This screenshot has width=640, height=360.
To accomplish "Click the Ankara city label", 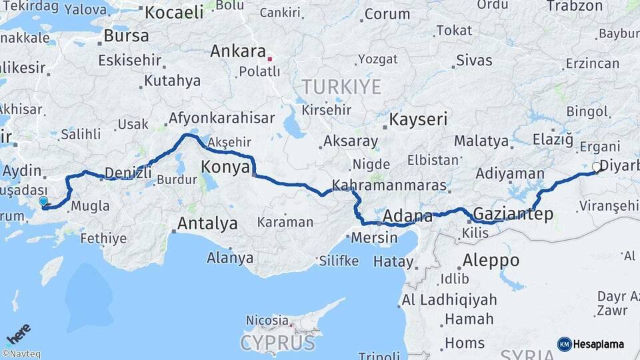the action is tap(238, 51).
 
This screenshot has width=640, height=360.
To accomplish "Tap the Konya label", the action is tap(225, 167).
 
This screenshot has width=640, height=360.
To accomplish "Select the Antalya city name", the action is tap(207, 223).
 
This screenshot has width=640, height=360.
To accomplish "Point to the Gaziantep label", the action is tap(511, 214).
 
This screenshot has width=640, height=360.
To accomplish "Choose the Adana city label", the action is tap(408, 215).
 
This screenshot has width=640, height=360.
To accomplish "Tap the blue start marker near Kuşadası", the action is tap(43, 201).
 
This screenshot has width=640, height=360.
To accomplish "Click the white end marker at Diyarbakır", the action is tap(596, 167).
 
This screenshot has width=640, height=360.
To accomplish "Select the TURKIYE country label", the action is tap(341, 87).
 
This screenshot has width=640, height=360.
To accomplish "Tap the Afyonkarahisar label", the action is tap(222, 118).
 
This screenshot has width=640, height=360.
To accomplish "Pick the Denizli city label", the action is tap(128, 172).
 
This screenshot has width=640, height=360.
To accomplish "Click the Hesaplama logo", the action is tap(591, 344).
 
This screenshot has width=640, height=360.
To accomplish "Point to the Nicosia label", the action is tap(267, 321).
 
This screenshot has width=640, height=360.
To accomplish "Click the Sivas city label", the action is tap(474, 61).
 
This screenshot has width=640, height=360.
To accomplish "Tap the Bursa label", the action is tap(127, 35).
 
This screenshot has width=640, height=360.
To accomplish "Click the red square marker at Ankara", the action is tap(269, 59).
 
